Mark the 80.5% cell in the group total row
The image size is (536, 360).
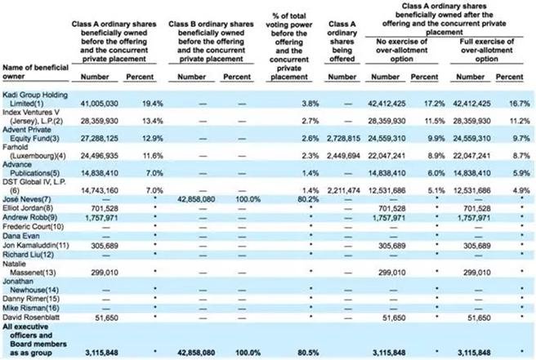coord(308,353)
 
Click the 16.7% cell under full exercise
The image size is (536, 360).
coord(509,104)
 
